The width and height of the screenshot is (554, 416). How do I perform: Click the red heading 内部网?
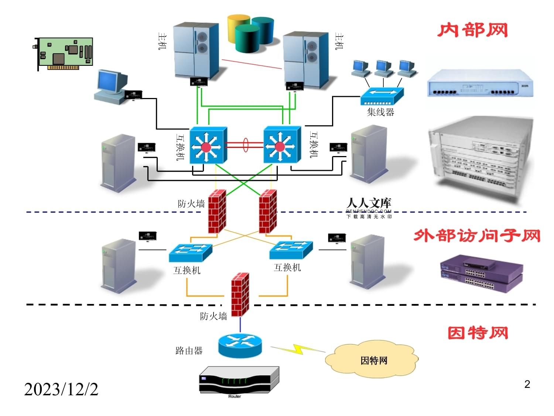(473, 30)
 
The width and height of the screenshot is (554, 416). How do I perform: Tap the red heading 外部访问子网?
(477, 236)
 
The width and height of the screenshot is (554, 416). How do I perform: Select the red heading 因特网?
(478, 333)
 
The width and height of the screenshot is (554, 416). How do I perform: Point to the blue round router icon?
(240, 345)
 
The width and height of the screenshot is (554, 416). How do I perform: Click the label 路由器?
(189, 351)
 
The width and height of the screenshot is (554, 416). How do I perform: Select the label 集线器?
(380, 112)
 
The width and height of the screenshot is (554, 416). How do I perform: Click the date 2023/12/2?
(61, 389)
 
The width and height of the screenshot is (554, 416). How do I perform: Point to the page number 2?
(527, 385)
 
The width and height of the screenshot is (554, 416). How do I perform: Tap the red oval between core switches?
(246, 145)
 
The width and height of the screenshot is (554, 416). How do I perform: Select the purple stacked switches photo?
(482, 274)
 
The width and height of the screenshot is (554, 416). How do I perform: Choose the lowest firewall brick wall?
(240, 294)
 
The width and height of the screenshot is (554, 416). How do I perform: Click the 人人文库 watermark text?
(369, 203)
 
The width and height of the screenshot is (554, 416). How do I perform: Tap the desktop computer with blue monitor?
(111, 87)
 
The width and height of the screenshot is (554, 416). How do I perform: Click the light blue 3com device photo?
(480, 84)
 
